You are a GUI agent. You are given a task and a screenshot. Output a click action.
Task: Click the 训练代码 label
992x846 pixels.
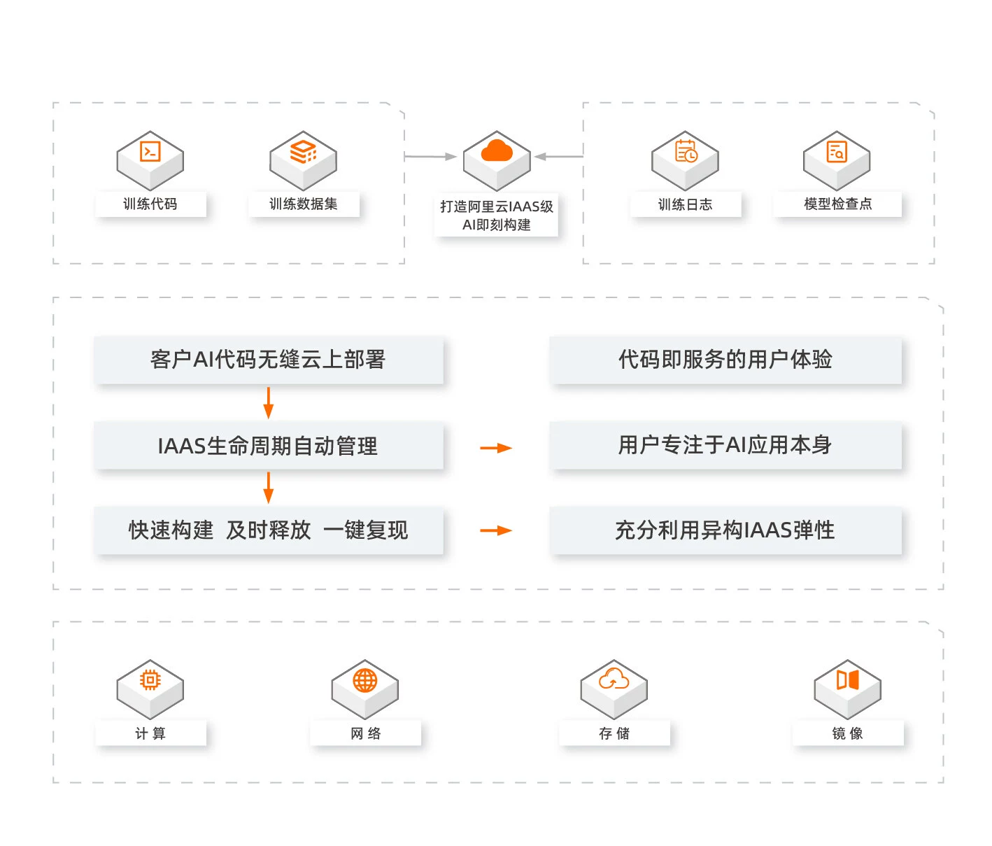pyautogui.click(x=150, y=204)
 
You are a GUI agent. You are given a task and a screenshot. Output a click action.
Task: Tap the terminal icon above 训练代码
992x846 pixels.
pyautogui.click(x=150, y=152)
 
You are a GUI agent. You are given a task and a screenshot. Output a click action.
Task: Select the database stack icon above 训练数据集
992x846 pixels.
pyautogui.click(x=304, y=152)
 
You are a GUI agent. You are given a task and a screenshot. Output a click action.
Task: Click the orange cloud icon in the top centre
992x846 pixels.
pyautogui.click(x=497, y=151)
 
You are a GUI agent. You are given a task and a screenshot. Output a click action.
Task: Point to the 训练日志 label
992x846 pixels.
pyautogui.click(x=685, y=204)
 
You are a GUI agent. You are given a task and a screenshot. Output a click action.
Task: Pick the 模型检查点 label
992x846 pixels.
pyautogui.click(x=837, y=204)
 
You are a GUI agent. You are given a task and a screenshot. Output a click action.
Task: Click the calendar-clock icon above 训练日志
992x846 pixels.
pyautogui.click(x=686, y=152)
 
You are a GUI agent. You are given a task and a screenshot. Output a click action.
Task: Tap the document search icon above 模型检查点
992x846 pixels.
pyautogui.click(x=837, y=152)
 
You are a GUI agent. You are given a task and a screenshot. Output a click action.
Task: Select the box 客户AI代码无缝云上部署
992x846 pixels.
pyautogui.click(x=268, y=360)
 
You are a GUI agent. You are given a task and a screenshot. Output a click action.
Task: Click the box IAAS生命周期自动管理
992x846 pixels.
pyautogui.click(x=268, y=446)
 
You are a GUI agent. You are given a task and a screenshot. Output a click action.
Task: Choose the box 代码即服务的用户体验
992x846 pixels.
pyautogui.click(x=725, y=360)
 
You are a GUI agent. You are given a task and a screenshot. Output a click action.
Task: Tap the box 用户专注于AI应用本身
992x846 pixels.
pyautogui.click(x=725, y=445)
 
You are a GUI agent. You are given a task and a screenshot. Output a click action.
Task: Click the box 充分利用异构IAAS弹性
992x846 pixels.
pyautogui.click(x=725, y=530)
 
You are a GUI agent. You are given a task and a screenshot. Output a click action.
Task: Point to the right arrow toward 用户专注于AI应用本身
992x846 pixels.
pyautogui.click(x=496, y=448)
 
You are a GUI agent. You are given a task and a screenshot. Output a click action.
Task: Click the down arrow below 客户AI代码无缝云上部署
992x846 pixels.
pyautogui.click(x=268, y=402)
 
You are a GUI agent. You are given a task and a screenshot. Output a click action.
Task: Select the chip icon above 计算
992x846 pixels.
pyautogui.click(x=150, y=680)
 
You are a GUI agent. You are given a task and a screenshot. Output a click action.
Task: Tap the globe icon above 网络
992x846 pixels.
pyautogui.click(x=365, y=680)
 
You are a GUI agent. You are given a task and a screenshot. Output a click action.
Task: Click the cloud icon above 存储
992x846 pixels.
pyautogui.click(x=614, y=679)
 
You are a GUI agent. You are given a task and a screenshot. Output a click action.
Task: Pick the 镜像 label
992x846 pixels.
pyautogui.click(x=847, y=733)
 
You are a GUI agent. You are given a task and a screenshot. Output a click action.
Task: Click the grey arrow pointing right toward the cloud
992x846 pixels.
pyautogui.click(x=431, y=157)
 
